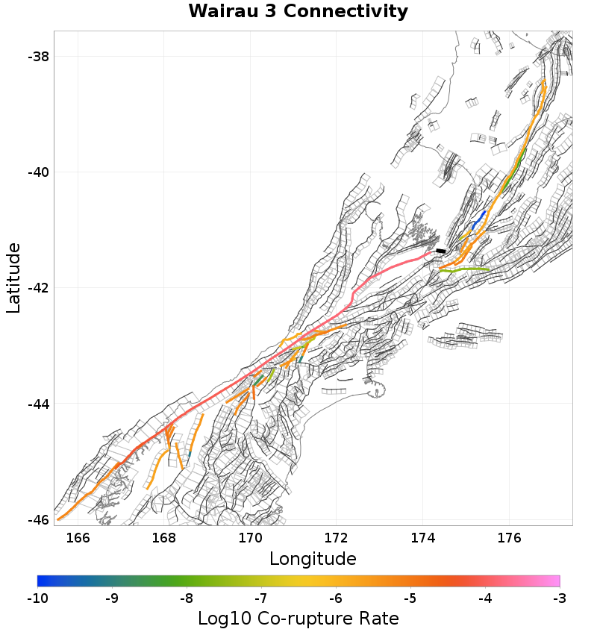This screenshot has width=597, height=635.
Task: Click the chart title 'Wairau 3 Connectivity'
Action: [298, 12]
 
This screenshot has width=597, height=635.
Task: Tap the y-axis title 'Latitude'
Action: [13, 278]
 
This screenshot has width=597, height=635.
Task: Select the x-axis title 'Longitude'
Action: [313, 558]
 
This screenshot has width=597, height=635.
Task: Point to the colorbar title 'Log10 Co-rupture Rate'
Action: [298, 619]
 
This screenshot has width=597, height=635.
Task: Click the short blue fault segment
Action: [478, 221]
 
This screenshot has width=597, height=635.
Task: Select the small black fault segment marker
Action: [441, 251]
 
